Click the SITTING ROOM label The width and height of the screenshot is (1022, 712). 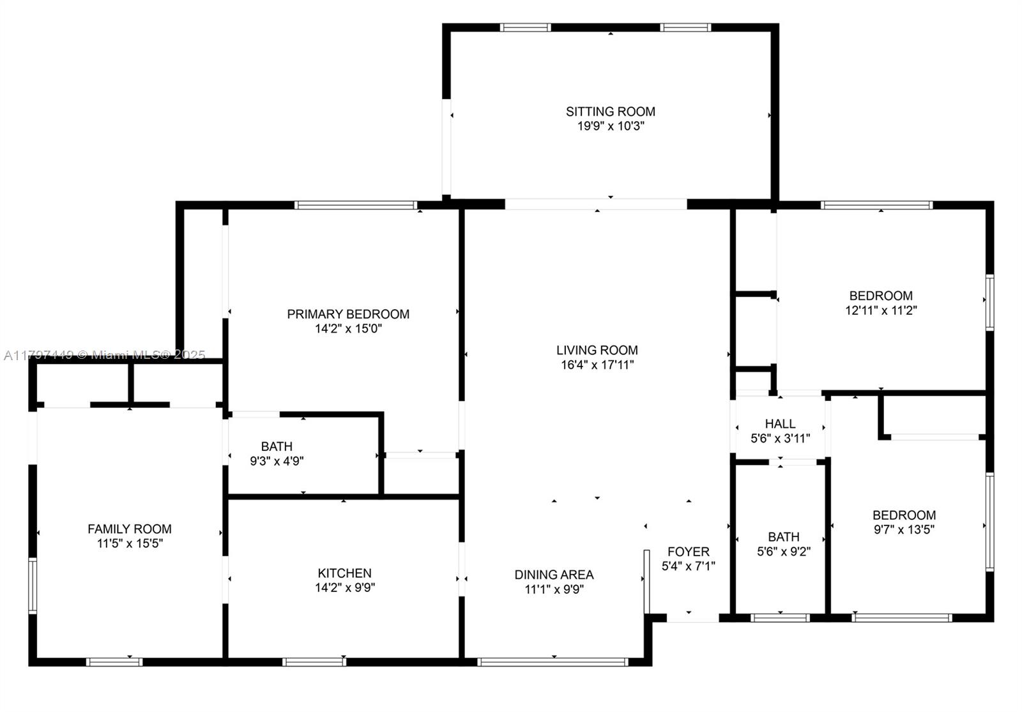tap(611, 112)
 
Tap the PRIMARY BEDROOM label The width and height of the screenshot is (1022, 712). tap(348, 314)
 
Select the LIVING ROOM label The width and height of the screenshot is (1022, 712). tap(597, 351)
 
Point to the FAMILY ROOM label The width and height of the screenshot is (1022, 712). tap(130, 529)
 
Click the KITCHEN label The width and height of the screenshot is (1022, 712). tap(344, 573)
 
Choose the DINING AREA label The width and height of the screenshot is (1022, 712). tap(554, 575)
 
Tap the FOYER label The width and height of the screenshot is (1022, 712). tap(689, 552)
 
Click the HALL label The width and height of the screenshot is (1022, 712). tap(780, 424)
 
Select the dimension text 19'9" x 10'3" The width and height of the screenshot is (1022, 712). tap(611, 126)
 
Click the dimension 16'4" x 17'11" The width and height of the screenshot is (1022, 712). tap(597, 365)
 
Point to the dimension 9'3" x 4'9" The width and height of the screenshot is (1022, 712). tap(277, 461)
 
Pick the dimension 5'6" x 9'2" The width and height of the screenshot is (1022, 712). tap(784, 552)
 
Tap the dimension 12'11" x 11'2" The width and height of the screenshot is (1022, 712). tap(881, 310)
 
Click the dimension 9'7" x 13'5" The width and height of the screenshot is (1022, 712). tap(904, 529)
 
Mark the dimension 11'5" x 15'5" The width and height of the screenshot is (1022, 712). tap(130, 543)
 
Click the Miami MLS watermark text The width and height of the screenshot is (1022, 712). tap(105, 355)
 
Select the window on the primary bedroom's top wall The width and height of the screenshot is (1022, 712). tap(356, 205)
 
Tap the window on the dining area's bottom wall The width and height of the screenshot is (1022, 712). tap(553, 662)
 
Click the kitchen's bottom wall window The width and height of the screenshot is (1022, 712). tap(314, 662)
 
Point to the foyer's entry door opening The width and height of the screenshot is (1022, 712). tap(693, 618)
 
